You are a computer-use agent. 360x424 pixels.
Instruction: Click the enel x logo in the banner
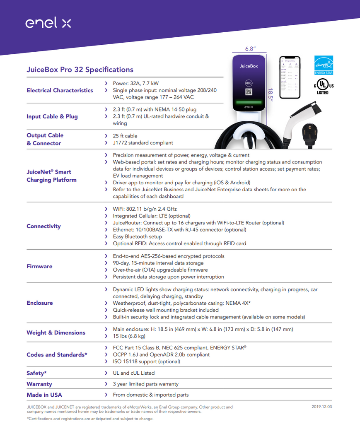(48, 23)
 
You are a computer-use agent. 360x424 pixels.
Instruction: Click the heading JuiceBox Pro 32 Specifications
(80, 70)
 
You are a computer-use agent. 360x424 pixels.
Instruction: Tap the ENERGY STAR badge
(324, 65)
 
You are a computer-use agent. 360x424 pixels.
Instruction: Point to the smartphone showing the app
(289, 77)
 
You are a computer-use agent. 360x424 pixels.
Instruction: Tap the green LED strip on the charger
(249, 102)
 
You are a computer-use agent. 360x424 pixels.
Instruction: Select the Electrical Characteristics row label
(60, 90)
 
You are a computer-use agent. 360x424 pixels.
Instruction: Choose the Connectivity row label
(43, 226)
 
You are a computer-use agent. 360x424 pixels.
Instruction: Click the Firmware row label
(39, 266)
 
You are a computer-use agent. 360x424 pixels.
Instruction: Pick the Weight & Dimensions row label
(56, 332)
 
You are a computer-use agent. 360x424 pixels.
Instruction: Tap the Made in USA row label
(44, 395)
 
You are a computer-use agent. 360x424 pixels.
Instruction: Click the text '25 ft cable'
(125, 136)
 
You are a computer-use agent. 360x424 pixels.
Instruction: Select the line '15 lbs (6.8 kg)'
(129, 336)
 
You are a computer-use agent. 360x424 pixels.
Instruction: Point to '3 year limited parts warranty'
(146, 384)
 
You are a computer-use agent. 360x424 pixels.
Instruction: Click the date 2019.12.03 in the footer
(321, 407)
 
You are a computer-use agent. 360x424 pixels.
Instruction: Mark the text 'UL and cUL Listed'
(134, 373)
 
